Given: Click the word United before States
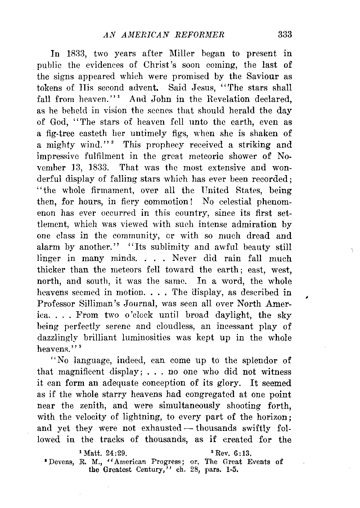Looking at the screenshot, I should (218, 190).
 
